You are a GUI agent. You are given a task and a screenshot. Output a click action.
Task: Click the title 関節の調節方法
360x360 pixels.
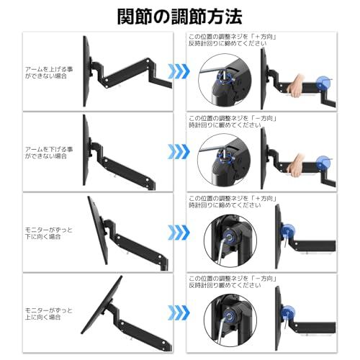pos(179,17)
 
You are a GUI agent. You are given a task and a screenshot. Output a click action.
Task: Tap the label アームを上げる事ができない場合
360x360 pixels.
pos(49,73)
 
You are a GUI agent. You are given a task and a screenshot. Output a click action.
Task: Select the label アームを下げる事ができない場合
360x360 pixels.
pos(49,153)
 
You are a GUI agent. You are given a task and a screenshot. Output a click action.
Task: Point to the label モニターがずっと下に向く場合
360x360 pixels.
pos(49,233)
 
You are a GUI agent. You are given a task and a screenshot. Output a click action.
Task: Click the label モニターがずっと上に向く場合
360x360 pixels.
pos(49,314)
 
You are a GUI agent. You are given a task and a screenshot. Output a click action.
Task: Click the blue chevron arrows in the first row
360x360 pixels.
pos(179,71)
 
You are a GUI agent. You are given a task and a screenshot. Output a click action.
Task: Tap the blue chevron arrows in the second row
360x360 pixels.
pos(179,152)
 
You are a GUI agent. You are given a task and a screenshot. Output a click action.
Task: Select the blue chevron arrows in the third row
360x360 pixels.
pos(179,233)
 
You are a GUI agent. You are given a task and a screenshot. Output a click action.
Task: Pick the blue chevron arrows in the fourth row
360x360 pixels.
pos(179,312)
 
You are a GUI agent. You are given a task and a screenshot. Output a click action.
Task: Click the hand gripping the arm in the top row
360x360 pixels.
pos(295,86)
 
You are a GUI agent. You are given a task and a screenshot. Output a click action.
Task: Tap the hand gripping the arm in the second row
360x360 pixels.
pos(295,166)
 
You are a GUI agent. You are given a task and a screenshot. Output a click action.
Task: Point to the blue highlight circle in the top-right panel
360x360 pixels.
pos(323,84)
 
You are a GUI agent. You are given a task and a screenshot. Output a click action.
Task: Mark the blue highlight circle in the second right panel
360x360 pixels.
pos(323,163)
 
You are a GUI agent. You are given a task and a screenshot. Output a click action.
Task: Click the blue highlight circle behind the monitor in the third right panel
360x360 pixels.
pos(288,230)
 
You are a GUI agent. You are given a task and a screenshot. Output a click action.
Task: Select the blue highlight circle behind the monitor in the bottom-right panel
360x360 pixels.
pos(288,312)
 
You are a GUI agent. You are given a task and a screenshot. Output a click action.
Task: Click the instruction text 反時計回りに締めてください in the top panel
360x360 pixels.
pos(228,43)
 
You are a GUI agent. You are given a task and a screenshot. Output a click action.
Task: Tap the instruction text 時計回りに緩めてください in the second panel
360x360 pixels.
pos(225,125)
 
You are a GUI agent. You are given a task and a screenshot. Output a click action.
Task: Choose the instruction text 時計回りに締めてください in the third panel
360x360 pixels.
pos(225,205)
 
